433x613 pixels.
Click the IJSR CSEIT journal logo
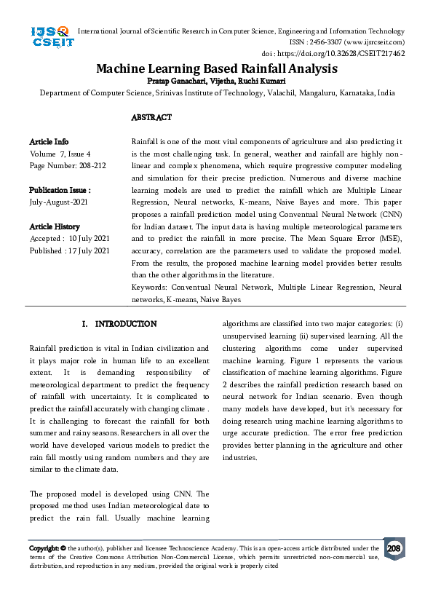point(50,37)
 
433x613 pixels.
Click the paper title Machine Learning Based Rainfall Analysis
point(217,68)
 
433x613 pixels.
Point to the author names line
point(217,80)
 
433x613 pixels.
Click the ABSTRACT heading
point(151,117)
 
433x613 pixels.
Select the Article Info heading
point(49,141)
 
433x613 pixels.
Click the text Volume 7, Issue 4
point(60,154)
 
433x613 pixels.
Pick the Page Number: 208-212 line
point(68,165)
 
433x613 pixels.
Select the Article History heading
point(55,226)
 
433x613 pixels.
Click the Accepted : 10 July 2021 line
point(69,239)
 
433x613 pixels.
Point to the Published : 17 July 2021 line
point(70,250)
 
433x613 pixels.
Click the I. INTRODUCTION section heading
point(119,323)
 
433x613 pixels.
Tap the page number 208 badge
point(394,548)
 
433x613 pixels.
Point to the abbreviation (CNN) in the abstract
point(389,215)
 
